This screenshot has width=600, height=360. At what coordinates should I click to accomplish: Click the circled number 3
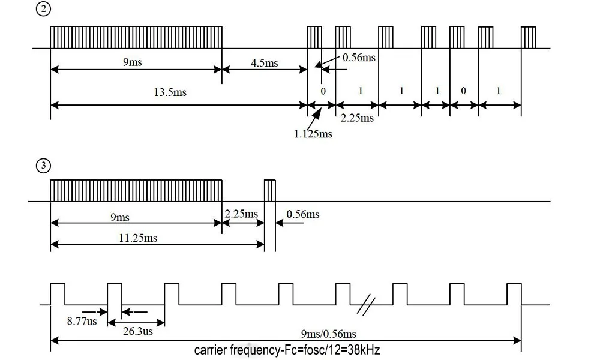coord(43,167)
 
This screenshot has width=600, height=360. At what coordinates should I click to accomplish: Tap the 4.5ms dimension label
coord(264,63)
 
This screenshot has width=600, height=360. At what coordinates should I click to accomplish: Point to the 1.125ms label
coord(313,134)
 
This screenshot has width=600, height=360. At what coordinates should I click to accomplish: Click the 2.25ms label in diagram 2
coord(357,118)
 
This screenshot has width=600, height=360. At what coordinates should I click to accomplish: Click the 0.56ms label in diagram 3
coord(303,215)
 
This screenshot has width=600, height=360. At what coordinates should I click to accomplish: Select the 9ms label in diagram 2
coord(133,62)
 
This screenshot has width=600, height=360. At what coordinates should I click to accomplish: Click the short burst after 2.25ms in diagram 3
coord(270,190)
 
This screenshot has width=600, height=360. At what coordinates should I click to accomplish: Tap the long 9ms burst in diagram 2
coord(136,37)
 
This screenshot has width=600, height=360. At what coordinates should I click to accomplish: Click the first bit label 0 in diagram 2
coord(323,91)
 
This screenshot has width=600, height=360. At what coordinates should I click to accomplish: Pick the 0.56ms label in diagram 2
coord(359,58)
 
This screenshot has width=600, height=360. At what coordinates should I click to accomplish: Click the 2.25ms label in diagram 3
coord(242,214)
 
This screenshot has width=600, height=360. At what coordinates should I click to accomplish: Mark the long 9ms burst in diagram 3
coord(136,190)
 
